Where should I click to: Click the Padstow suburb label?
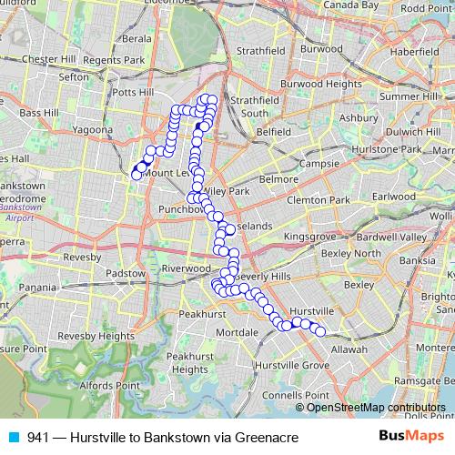[126, 273]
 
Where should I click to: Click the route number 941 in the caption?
[38, 438]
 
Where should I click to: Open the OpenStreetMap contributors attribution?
[376, 407]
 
